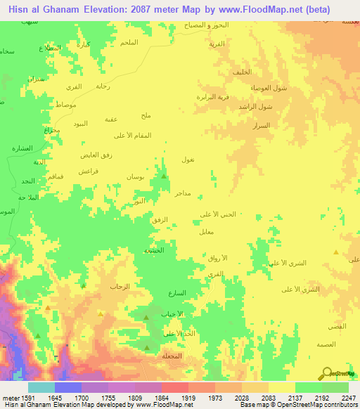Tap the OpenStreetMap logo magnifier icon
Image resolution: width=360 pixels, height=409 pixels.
[x=326, y=372]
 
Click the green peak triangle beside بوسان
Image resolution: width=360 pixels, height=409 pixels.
[x=164, y=176]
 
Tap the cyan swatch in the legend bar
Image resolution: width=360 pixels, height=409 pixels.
[x=41, y=387]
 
